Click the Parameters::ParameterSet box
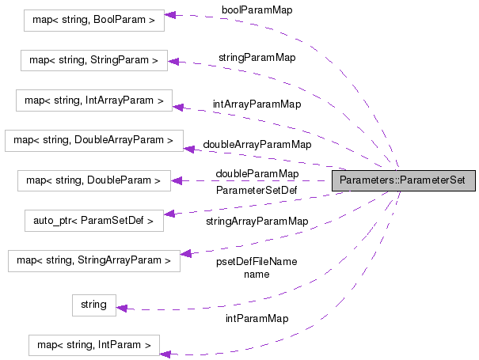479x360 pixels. point(403,180)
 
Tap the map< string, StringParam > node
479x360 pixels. point(93,60)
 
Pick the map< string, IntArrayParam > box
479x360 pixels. point(94,100)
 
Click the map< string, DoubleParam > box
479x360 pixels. point(93,181)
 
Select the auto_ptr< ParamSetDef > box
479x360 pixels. point(93,221)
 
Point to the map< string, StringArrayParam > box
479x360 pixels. point(93,260)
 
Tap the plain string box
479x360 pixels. point(93,305)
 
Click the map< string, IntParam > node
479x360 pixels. point(93,345)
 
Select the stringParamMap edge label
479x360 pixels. point(257,57)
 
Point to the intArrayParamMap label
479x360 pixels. point(257,104)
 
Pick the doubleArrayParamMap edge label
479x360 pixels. point(257,145)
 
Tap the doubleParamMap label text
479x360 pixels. point(257,173)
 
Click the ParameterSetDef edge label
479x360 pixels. point(257,190)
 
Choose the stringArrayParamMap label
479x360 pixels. point(257,222)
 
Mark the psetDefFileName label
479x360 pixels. point(257,262)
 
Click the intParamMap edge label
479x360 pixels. point(257,318)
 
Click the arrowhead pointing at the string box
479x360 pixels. point(122,308)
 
